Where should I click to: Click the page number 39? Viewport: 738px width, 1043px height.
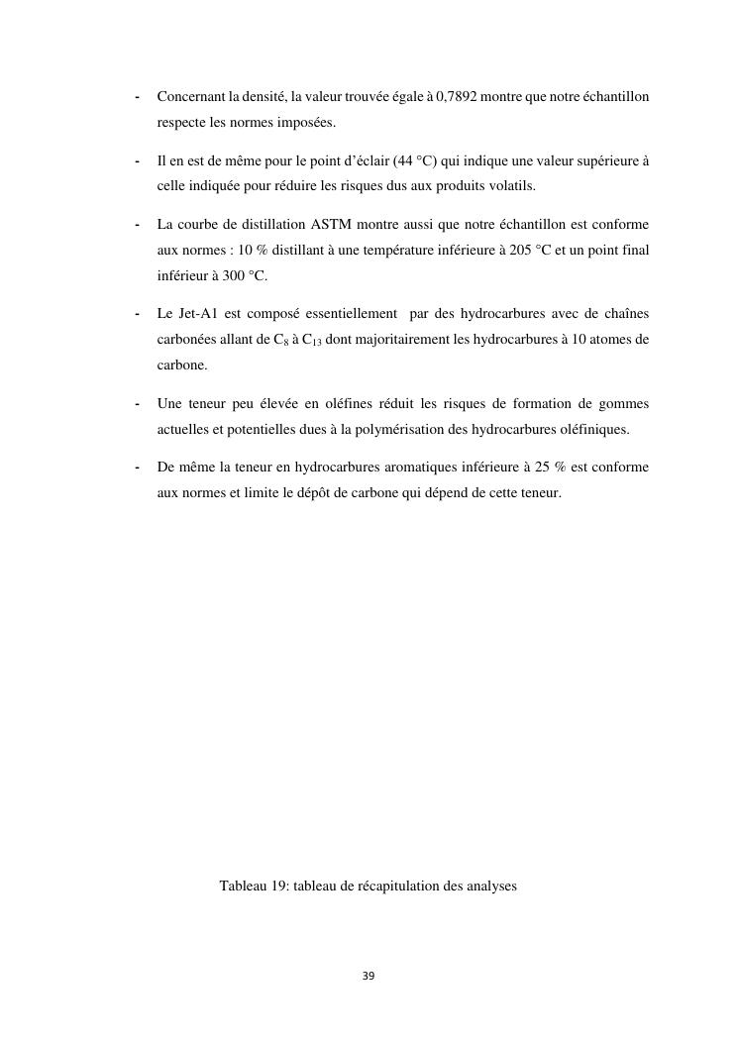(369, 976)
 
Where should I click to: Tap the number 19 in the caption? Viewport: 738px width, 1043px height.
(278, 886)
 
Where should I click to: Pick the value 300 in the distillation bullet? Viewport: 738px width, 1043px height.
(227, 275)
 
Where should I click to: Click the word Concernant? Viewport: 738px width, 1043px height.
(191, 97)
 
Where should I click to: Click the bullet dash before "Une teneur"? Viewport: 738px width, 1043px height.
(136, 404)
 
